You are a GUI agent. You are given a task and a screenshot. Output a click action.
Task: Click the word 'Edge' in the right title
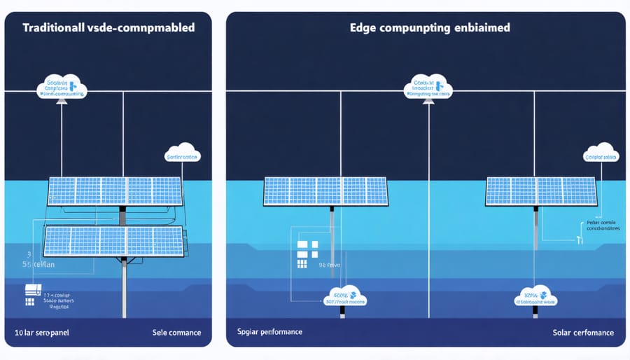(x=365, y=29)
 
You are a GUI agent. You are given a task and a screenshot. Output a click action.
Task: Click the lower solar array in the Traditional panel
(x=113, y=240)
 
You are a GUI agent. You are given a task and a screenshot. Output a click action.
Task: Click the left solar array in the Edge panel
(x=325, y=191)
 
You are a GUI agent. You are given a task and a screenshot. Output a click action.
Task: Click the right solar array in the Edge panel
(x=541, y=191)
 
